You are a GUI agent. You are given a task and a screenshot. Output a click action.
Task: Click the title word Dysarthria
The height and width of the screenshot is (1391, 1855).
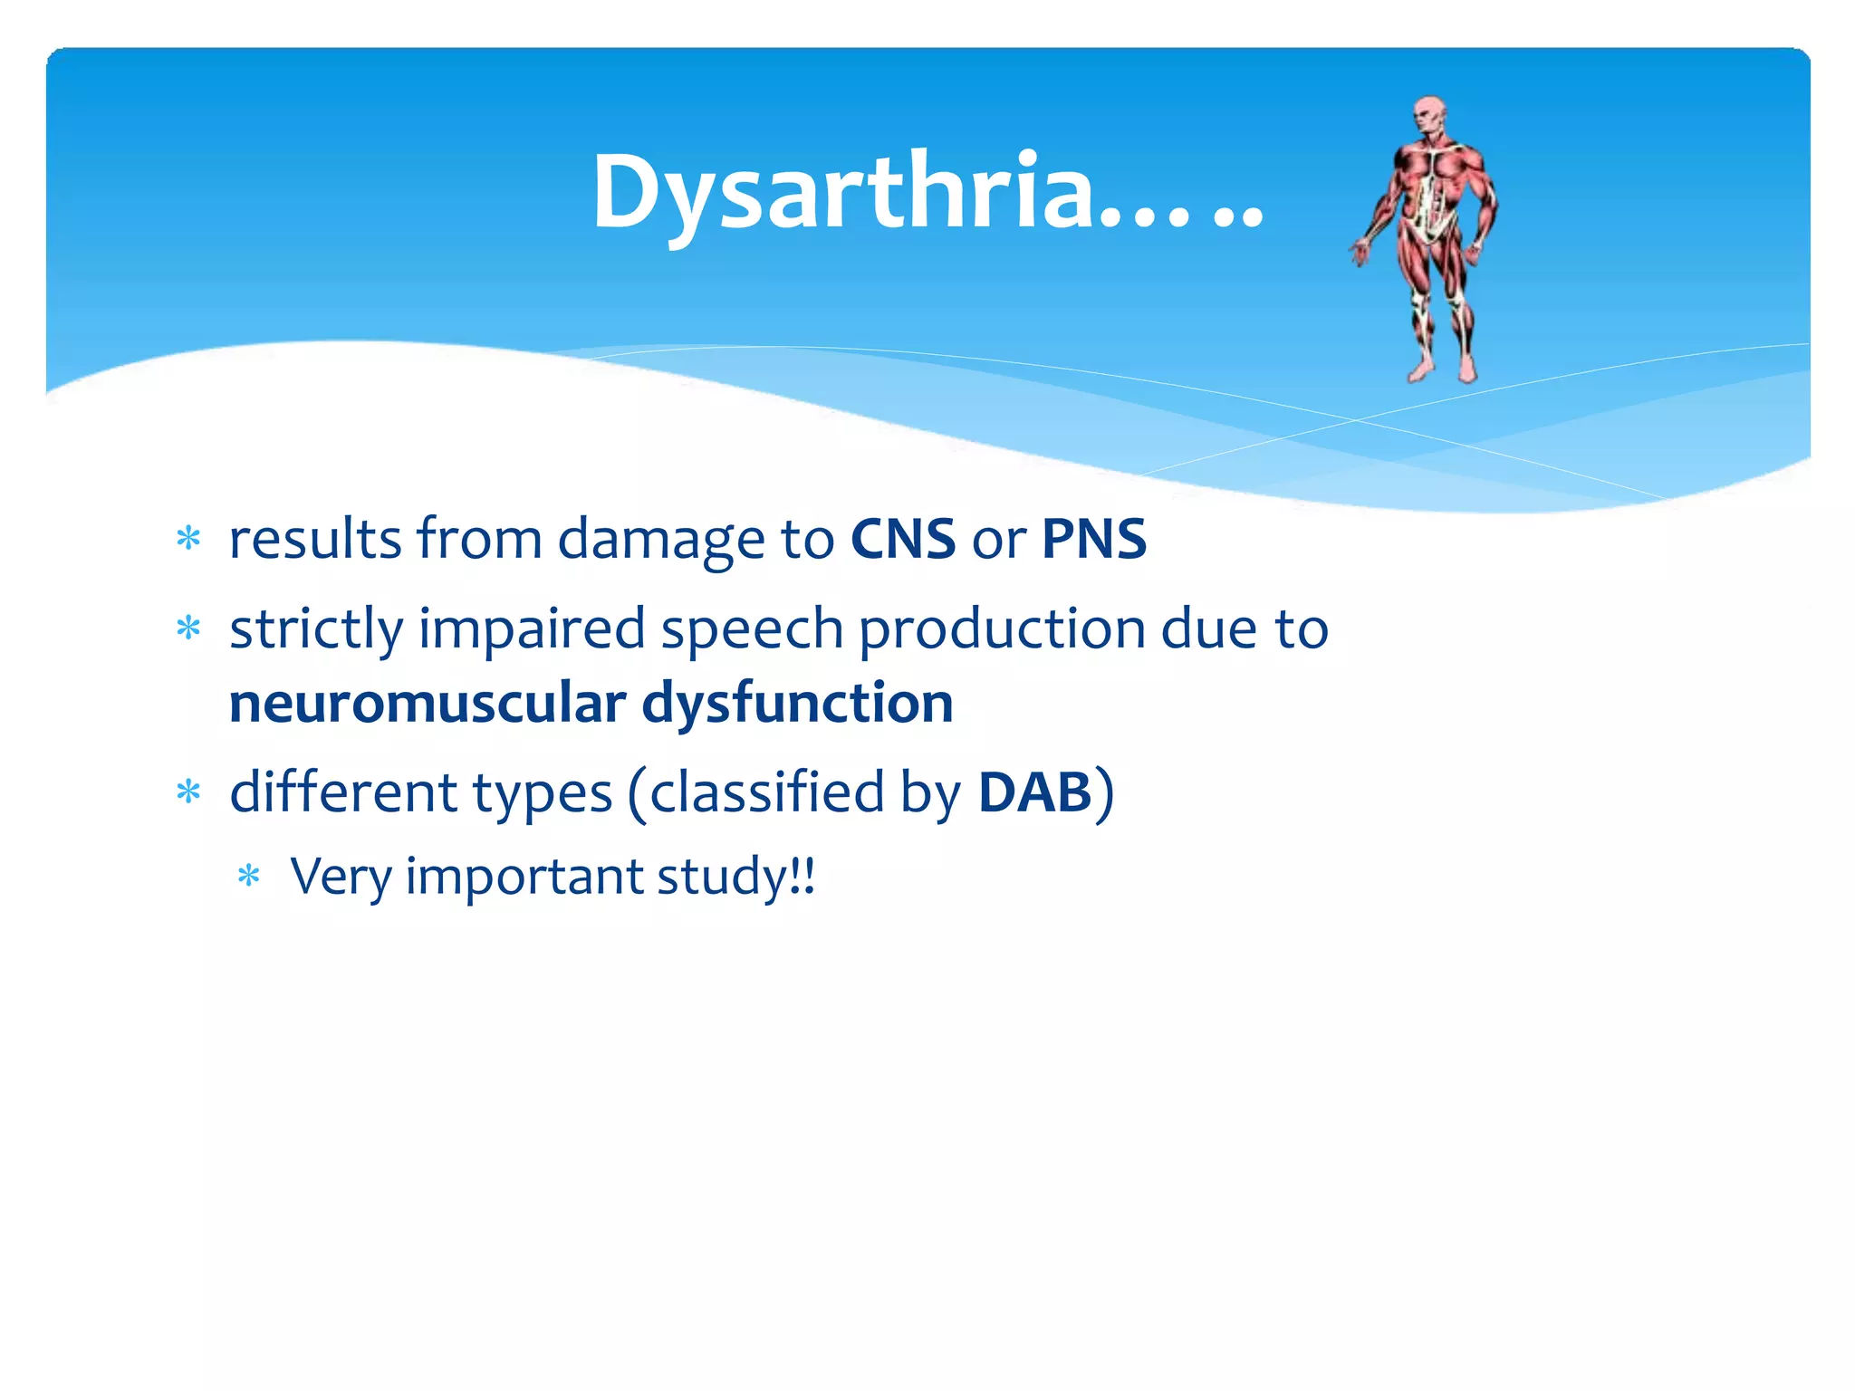[842, 193]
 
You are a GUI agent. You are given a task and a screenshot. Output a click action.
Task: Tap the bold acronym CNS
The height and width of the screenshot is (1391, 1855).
[903, 540]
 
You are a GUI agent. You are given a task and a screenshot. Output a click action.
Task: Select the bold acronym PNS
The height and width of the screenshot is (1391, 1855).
[1094, 540]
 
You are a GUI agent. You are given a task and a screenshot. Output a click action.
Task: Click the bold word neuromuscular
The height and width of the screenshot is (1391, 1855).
[428, 704]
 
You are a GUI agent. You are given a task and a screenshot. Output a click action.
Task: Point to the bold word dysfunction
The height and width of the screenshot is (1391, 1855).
[798, 704]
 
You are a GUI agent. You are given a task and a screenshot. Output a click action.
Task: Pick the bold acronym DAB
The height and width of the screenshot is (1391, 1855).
[1035, 793]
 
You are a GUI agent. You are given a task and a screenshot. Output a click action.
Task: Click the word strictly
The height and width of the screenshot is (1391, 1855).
[315, 630]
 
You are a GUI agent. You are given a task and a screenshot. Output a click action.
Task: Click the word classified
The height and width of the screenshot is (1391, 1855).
[766, 793]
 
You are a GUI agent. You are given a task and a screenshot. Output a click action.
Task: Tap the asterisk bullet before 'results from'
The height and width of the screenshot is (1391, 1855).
[188, 540]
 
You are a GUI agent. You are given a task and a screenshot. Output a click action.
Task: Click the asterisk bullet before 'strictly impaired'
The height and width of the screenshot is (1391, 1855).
[188, 628]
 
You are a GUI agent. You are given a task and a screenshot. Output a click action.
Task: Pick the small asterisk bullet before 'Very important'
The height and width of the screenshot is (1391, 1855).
[248, 877]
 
